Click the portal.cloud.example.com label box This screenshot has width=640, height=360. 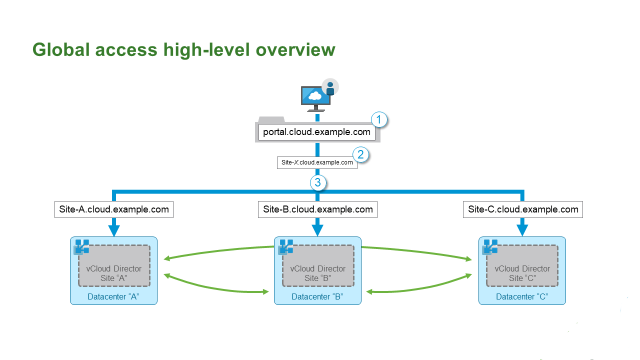[317, 132]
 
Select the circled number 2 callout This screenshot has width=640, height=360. [360, 154]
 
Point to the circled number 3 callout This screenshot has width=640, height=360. [318, 183]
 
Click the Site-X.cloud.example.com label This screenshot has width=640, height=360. [317, 162]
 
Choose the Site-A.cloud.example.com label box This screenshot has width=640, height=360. [114, 209]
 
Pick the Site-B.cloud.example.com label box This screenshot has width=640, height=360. [318, 209]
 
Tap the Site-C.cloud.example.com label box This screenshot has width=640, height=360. [523, 209]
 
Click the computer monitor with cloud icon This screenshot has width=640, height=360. [314, 97]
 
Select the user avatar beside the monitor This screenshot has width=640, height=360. [330, 87]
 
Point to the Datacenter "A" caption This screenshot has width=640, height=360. [113, 297]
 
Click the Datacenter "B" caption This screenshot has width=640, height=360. [317, 297]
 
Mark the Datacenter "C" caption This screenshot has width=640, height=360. [522, 297]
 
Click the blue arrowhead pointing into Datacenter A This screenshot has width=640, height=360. [114, 230]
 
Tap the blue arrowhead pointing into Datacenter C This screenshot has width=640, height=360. [522, 230]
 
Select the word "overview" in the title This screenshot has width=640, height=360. [295, 50]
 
